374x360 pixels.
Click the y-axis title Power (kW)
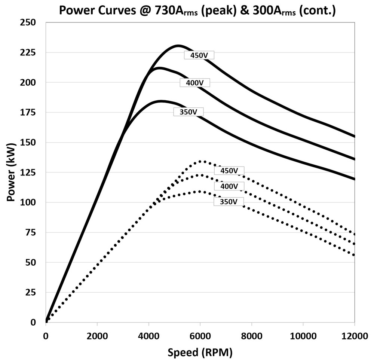[11, 172]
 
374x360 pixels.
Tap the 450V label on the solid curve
[199, 55]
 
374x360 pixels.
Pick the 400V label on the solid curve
[194, 83]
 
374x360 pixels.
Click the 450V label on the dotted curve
[229, 171]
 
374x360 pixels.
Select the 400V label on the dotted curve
[229, 186]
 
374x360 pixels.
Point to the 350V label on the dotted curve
[229, 202]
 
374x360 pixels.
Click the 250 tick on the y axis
[28, 22]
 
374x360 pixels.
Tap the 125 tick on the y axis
[28, 172]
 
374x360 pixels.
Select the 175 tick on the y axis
[28, 112]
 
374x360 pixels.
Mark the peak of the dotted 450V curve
[202, 161]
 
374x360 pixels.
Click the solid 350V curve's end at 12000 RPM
[354, 179]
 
